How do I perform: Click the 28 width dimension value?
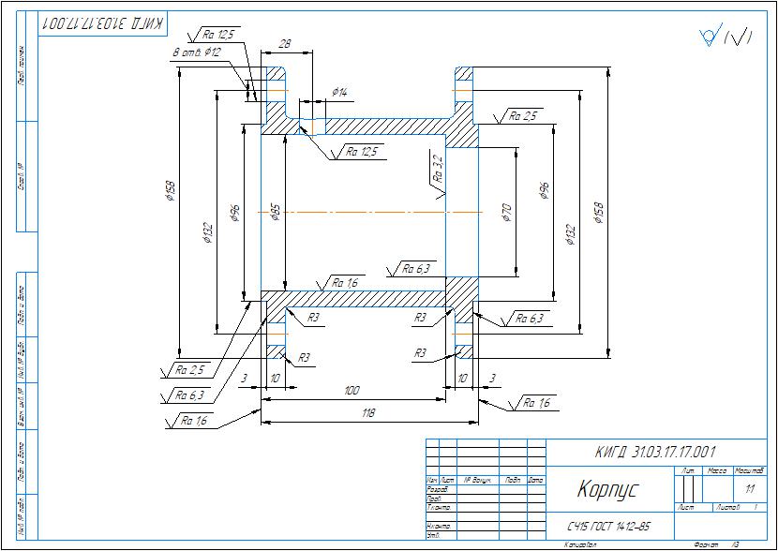pos(284,43)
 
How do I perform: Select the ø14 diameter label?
pos(339,93)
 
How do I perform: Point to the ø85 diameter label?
pos(276,213)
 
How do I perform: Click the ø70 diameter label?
pos(506,213)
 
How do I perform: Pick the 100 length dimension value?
pos(352,390)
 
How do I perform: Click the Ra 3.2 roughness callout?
pos(437,169)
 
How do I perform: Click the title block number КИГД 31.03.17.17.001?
pos(655,453)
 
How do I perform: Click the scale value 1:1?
pos(749,489)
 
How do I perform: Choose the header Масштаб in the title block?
pos(749,469)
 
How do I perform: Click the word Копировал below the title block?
pos(581,544)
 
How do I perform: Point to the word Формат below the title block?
pos(699,544)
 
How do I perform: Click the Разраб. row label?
pos(437,489)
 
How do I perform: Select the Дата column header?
pos(535,480)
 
